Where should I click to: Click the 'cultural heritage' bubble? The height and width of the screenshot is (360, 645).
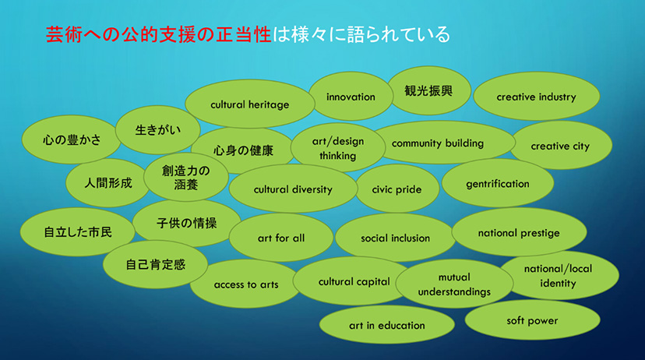coord(250,104)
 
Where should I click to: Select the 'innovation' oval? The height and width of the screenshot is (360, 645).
coord(351,97)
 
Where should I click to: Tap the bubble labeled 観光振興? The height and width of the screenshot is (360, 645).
coord(428,90)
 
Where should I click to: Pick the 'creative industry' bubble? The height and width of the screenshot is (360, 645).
coord(537,97)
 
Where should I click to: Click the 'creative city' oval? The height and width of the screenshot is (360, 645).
coord(560,145)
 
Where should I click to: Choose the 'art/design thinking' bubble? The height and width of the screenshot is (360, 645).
coord(338,148)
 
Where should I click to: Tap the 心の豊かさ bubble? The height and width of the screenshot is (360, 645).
coord(71,139)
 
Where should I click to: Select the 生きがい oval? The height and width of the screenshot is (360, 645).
coord(158,129)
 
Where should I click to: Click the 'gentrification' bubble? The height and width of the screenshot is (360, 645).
coord(498,183)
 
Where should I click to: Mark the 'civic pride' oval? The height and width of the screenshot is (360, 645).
coord(397,189)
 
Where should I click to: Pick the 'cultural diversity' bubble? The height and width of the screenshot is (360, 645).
coord(293,189)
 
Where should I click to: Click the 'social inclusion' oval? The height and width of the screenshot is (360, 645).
coord(395,238)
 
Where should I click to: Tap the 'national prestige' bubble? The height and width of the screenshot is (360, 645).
coord(519,232)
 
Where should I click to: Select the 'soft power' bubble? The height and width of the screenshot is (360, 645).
coord(532,319)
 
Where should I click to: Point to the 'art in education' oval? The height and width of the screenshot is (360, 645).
coord(387,325)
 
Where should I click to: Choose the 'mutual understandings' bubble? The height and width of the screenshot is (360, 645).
coord(455,284)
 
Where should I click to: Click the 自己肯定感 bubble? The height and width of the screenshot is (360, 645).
coord(156,264)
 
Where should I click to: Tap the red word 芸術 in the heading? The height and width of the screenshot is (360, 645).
coord(64,34)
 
